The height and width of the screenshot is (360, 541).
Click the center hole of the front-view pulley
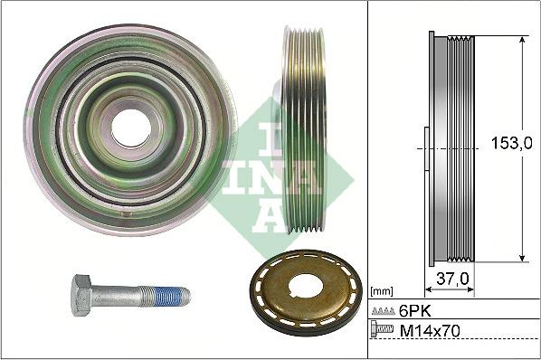click(x=131, y=128)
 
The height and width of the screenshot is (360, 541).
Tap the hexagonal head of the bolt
click(x=81, y=296)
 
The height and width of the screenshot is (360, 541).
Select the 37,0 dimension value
click(x=451, y=279)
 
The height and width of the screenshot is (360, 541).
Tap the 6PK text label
click(x=413, y=310)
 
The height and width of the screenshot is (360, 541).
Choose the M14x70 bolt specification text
click(x=431, y=332)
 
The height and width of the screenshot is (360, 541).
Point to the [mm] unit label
click(x=381, y=291)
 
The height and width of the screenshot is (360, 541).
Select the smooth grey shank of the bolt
click(x=117, y=296)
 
